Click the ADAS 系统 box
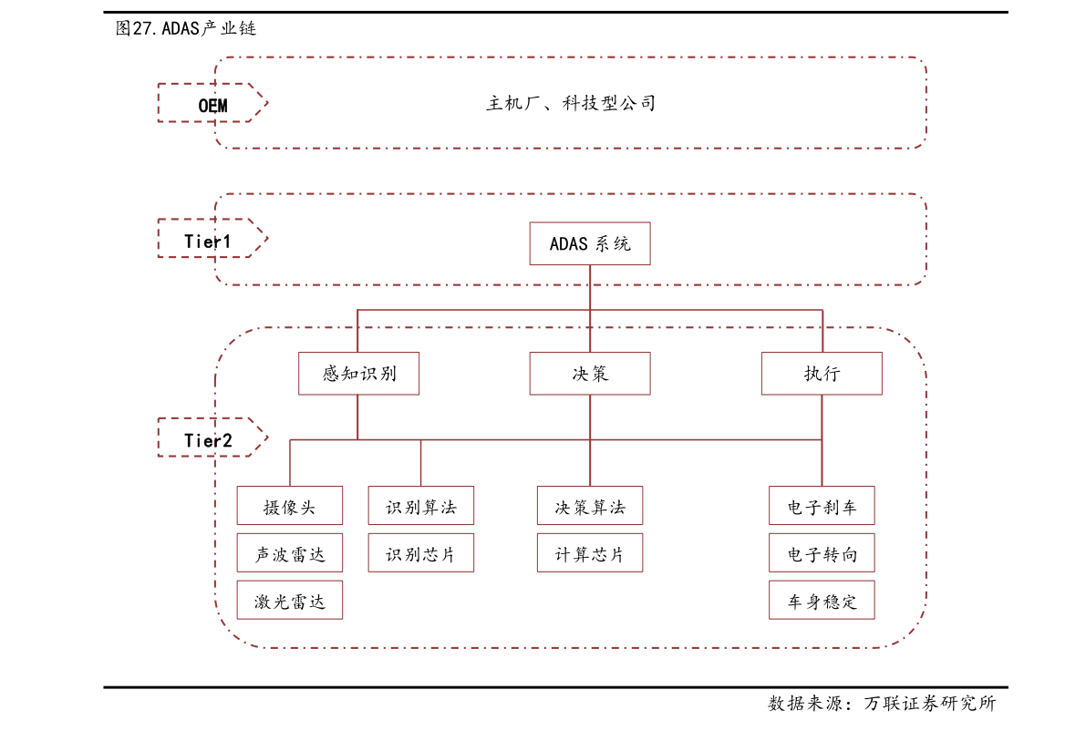(x=590, y=243)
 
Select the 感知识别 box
(x=358, y=374)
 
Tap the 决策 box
(x=590, y=374)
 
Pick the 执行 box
(x=822, y=374)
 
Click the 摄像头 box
(x=290, y=506)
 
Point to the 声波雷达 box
(x=290, y=553)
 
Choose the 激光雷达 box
(x=290, y=601)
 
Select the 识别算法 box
(x=421, y=506)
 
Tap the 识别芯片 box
(x=421, y=553)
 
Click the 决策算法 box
(x=590, y=506)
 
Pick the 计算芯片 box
(x=590, y=553)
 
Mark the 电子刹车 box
(x=822, y=506)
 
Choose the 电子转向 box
(x=822, y=553)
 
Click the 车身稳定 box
(x=822, y=601)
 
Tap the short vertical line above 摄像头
(x=290, y=463)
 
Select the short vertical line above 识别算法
(x=421, y=463)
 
